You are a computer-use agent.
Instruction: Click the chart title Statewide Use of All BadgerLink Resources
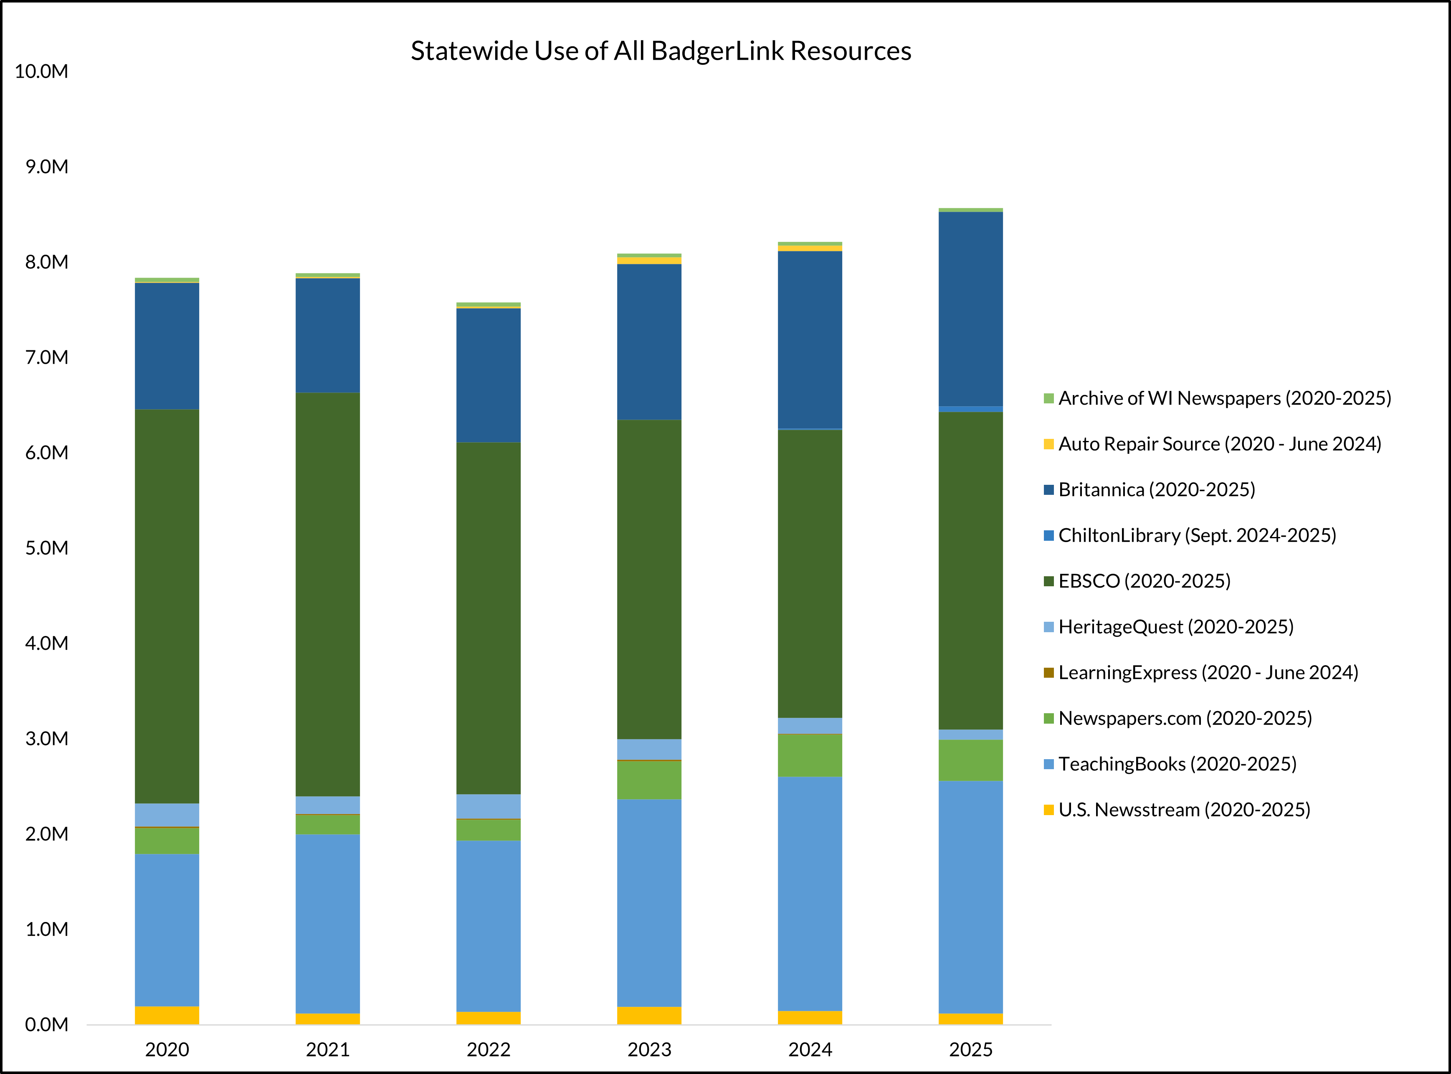[661, 51]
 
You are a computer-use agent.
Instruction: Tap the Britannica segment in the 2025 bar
[970, 309]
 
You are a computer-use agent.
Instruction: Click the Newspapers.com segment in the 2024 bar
[810, 755]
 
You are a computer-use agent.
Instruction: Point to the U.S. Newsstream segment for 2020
[167, 1015]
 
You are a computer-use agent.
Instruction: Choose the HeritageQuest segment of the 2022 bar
[488, 806]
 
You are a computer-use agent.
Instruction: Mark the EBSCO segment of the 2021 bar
[328, 594]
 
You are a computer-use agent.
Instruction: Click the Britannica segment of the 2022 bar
[488, 375]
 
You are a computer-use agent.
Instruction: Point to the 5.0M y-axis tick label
[46, 548]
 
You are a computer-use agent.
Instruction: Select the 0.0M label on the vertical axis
[46, 1025]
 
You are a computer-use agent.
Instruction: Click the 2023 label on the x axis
[649, 1050]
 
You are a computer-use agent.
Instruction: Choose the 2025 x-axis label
[970, 1050]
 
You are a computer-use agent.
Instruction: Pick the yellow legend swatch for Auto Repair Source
[1048, 444]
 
